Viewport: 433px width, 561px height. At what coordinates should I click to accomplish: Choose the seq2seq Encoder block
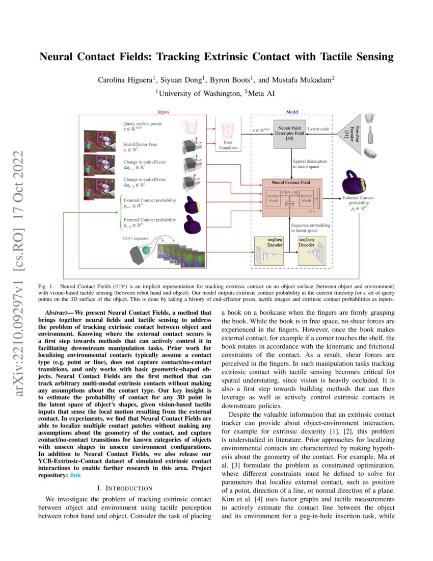(x=268, y=251)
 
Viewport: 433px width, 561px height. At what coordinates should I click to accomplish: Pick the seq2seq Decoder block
(x=311, y=251)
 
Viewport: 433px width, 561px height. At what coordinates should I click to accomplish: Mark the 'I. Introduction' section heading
(x=124, y=489)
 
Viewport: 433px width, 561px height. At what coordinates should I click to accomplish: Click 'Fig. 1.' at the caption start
(x=46, y=287)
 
